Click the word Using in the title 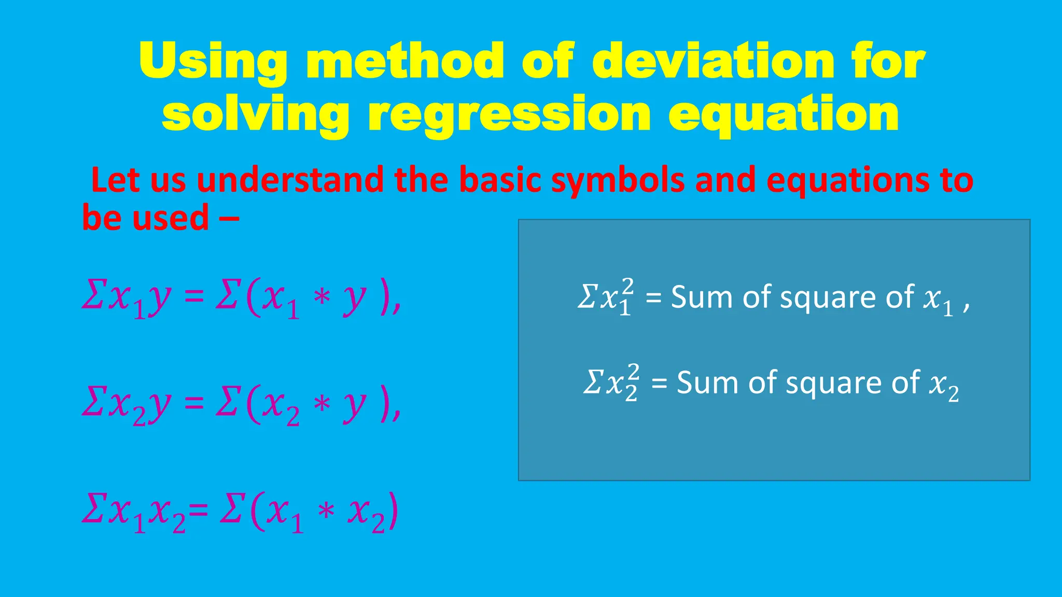[213, 62]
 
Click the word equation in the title [783, 115]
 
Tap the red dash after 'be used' [229, 218]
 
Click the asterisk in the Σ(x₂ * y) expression [322, 403]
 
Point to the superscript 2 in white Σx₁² [627, 286]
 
